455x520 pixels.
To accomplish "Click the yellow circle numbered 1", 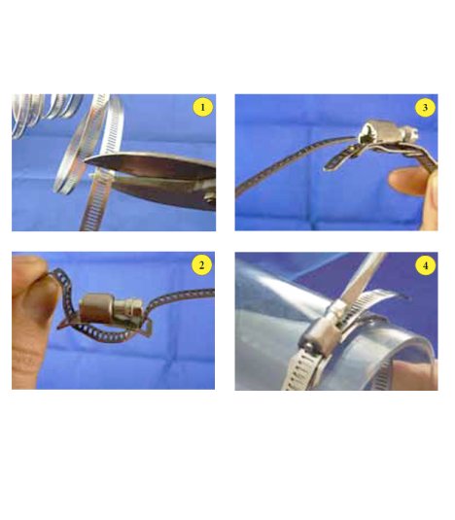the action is [x=202, y=107].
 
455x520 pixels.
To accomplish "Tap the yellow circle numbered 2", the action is [x=201, y=265].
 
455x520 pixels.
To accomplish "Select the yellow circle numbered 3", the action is [x=425, y=107].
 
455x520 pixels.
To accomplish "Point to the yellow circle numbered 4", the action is [x=425, y=265].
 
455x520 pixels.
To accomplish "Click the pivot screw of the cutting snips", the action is [x=210, y=198].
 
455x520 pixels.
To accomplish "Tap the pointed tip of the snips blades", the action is [x=87, y=160].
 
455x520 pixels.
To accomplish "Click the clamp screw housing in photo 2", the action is [x=96, y=309].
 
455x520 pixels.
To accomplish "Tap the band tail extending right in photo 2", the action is [x=179, y=298].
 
